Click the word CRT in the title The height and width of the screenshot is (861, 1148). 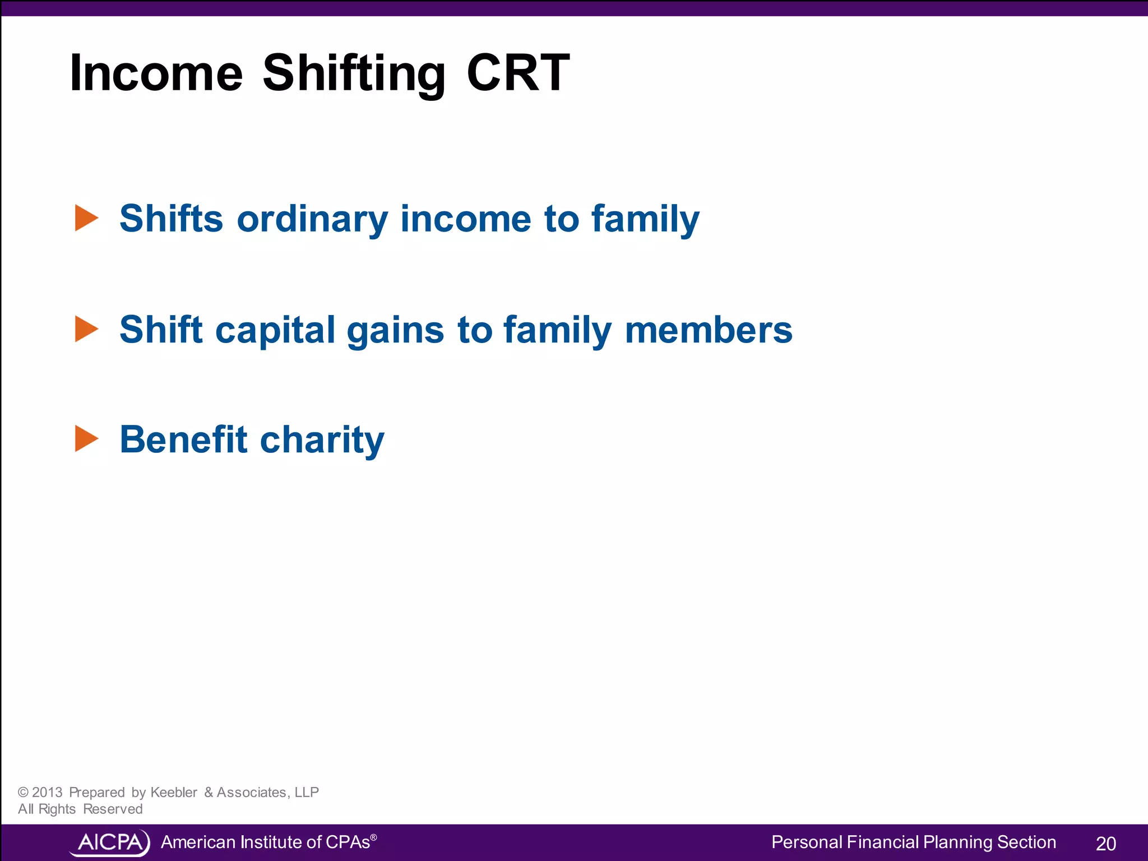pyautogui.click(x=518, y=73)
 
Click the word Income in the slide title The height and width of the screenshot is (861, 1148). pyautogui.click(x=156, y=73)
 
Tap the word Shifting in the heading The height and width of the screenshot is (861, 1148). pyautogui.click(x=354, y=74)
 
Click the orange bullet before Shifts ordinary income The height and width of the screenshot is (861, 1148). pyautogui.click(x=86, y=218)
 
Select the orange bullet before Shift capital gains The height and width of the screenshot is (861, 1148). pyautogui.click(x=86, y=329)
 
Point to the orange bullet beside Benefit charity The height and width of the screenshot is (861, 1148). pyautogui.click(x=86, y=439)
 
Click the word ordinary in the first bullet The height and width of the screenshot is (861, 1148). pyautogui.click(x=312, y=219)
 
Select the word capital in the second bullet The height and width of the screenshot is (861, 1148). pyautogui.click(x=275, y=330)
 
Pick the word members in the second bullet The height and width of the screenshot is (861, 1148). pyautogui.click(x=709, y=330)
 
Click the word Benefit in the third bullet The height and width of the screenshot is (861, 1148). pyautogui.click(x=183, y=439)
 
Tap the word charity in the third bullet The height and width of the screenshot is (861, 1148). pyautogui.click(x=322, y=441)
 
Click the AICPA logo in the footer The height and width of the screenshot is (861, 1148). pyautogui.click(x=110, y=843)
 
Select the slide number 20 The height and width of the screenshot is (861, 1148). pyautogui.click(x=1105, y=844)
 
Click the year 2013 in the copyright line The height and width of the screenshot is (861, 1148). pyautogui.click(x=47, y=792)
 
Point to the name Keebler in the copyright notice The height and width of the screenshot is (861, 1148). pyautogui.click(x=174, y=792)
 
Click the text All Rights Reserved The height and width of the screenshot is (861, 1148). pyautogui.click(x=80, y=809)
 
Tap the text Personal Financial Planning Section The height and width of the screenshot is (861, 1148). pyautogui.click(x=913, y=842)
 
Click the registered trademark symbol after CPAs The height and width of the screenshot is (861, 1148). pyautogui.click(x=374, y=837)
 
